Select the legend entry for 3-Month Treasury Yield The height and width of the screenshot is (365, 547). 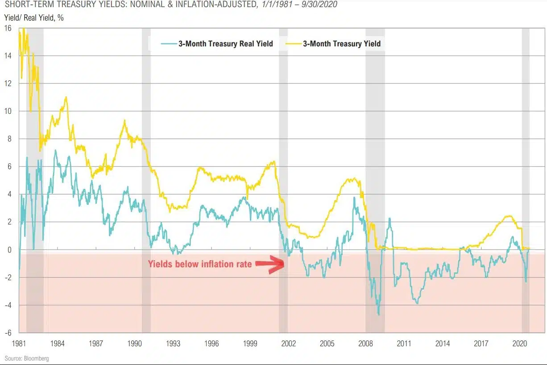pos(341,44)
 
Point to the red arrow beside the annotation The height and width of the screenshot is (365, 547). pos(269,264)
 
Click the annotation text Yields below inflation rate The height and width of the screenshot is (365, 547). pos(199,264)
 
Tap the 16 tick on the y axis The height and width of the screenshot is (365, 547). pos(8,28)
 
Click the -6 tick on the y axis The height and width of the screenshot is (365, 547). pos(8,332)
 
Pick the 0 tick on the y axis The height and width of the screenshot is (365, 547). pos(9,250)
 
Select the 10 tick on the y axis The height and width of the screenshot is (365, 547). pos(8,111)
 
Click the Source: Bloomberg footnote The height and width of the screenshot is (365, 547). pos(27,358)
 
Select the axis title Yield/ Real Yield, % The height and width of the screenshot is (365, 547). pos(34,19)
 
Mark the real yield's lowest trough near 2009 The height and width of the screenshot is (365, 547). pos(379,315)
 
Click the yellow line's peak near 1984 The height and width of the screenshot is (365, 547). pos(66,97)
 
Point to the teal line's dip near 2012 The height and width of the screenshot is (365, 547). pos(417,303)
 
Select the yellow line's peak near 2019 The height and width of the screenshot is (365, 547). pos(509,216)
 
